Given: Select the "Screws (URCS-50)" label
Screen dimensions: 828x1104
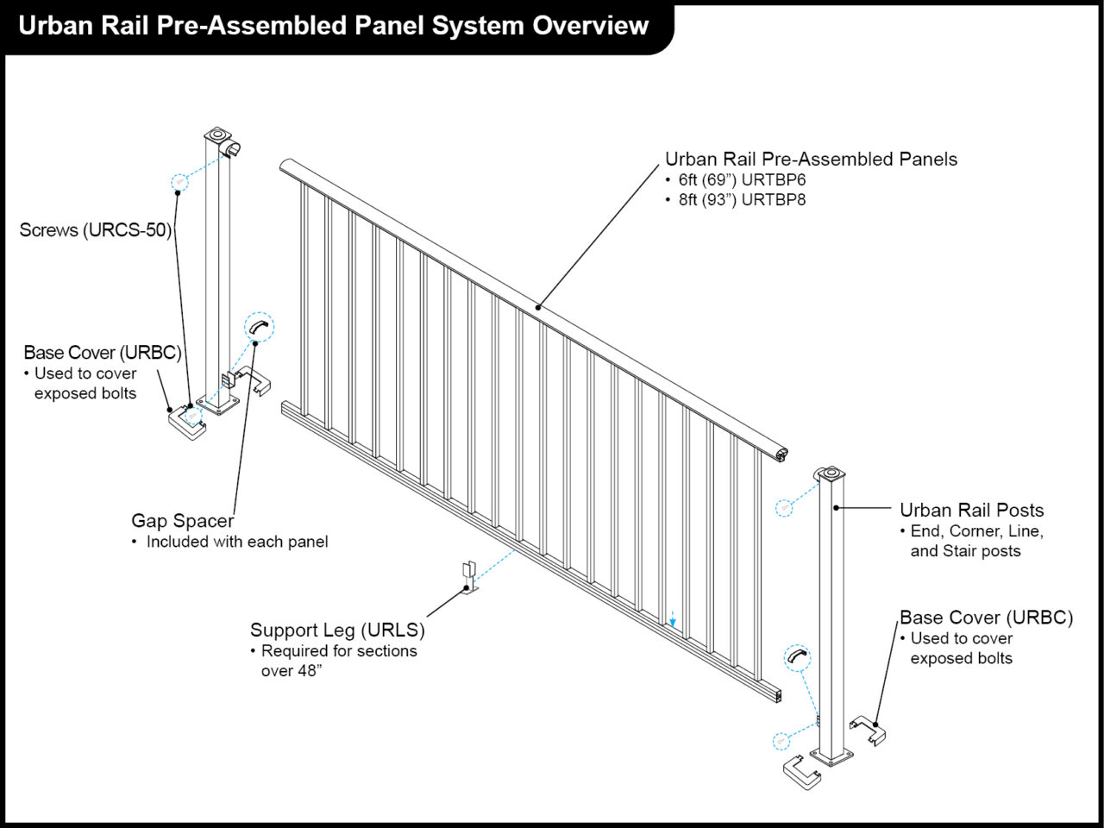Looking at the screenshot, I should pyautogui.click(x=95, y=230).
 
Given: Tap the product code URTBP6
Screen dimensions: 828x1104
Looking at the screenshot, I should pyautogui.click(x=774, y=180).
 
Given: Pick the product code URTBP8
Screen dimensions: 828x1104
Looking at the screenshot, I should pyautogui.click(x=774, y=200).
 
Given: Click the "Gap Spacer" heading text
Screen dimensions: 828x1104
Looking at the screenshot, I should pyautogui.click(x=182, y=521).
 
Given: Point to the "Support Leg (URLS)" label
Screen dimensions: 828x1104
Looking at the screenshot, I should pyautogui.click(x=337, y=630).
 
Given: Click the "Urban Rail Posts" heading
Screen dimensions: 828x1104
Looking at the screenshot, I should pyautogui.click(x=971, y=511).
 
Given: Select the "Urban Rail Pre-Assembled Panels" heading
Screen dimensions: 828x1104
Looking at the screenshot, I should pyautogui.click(x=811, y=160).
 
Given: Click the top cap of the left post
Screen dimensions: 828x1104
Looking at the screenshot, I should pyautogui.click(x=217, y=135).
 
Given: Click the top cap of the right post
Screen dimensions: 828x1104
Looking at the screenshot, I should pyautogui.click(x=830, y=474).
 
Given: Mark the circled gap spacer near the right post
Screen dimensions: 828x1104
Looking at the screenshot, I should pyautogui.click(x=797, y=658).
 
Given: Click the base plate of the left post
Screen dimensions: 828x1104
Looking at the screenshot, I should pyautogui.click(x=220, y=405).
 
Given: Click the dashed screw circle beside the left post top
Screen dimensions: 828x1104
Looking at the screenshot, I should pyautogui.click(x=179, y=181).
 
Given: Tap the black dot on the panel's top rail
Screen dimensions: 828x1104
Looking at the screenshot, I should pyautogui.click(x=538, y=306).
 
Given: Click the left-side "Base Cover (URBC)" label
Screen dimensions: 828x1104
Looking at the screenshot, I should pyautogui.click(x=102, y=353).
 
